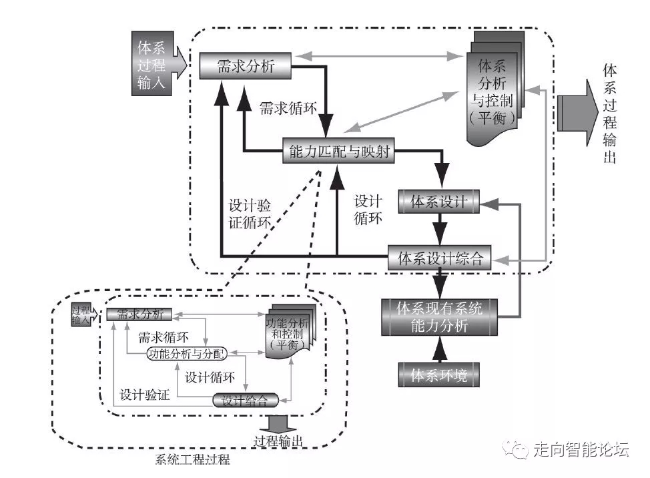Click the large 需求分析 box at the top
246,66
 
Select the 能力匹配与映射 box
338,152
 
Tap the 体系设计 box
438,202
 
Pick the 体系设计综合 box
440,258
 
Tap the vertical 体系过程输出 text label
609,113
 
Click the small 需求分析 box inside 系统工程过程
139,314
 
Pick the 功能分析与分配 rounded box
186,353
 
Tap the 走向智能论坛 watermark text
581,449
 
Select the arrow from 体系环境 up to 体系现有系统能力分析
438,348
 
